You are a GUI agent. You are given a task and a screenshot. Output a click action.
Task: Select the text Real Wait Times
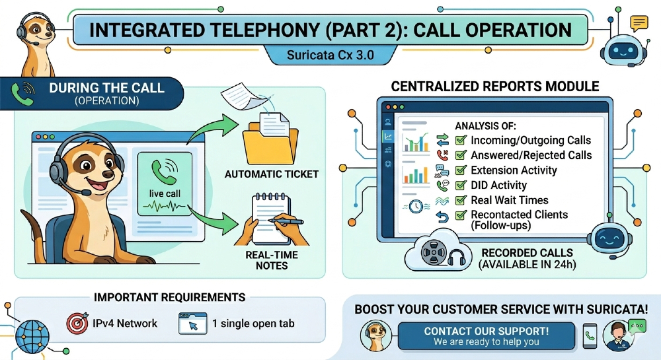click(509, 200)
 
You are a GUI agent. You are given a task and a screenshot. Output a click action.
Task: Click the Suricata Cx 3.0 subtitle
click(330, 55)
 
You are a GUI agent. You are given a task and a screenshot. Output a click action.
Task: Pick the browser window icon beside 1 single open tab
click(192, 323)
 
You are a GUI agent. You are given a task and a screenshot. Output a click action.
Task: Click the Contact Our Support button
click(486, 336)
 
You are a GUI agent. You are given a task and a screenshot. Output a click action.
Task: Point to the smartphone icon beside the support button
click(590, 336)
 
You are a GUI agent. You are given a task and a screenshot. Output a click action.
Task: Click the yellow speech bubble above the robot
click(639, 24)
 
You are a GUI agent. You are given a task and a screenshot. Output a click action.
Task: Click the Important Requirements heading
click(170, 297)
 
